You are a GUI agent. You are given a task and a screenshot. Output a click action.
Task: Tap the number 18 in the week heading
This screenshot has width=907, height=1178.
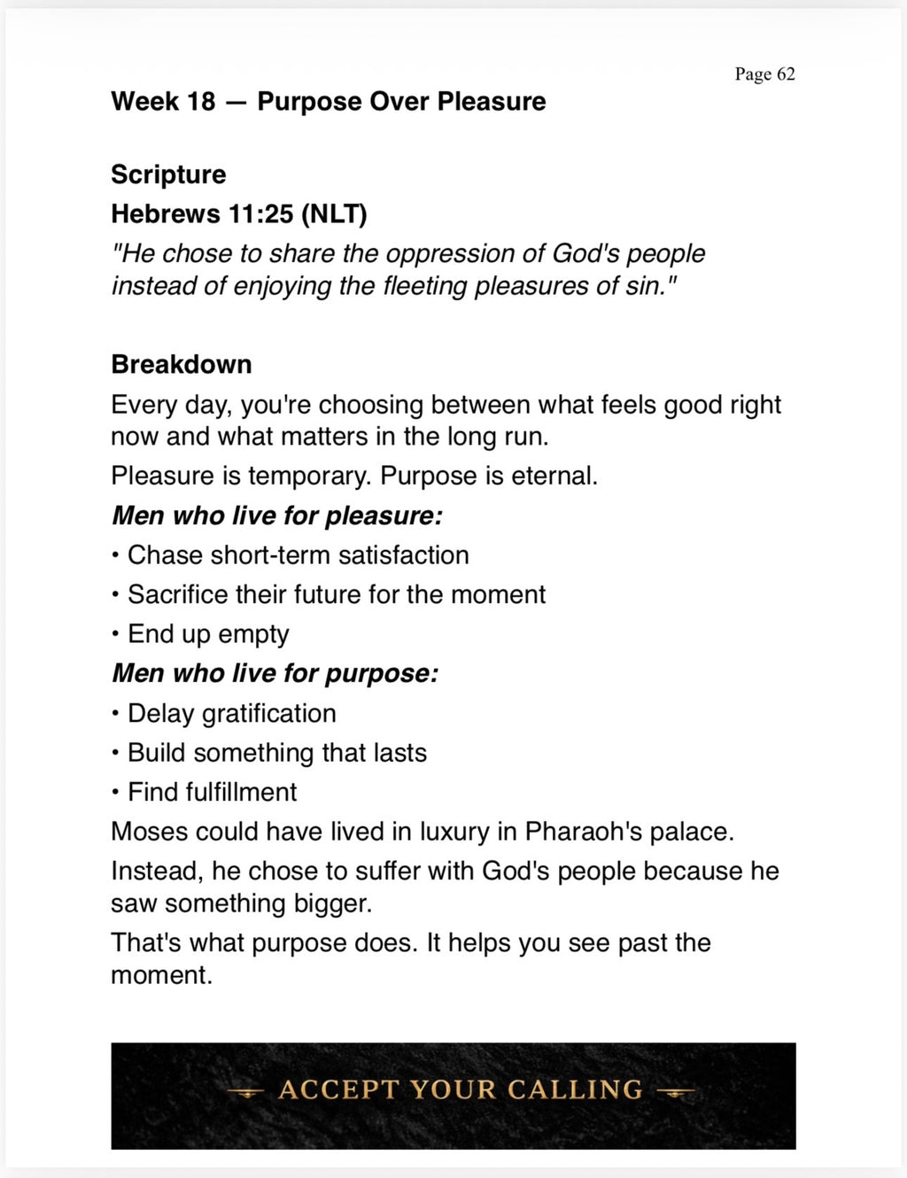[x=201, y=102]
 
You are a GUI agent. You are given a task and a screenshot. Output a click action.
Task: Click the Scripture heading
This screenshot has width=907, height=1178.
[x=168, y=174]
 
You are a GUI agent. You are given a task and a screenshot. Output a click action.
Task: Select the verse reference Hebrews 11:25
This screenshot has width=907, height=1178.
[x=202, y=214]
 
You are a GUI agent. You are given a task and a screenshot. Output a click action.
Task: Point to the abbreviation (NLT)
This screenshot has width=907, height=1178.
[x=334, y=214]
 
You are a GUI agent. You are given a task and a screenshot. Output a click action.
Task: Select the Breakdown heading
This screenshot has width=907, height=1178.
[x=182, y=364]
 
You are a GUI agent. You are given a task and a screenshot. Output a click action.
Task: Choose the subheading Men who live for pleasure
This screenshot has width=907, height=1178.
[x=277, y=515]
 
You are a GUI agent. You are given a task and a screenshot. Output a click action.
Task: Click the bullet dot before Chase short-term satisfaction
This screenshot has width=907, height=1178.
[x=116, y=556]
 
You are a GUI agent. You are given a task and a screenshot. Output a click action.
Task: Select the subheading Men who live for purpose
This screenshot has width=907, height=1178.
[x=275, y=674]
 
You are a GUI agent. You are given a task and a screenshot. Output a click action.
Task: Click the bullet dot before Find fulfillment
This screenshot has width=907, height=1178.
[x=116, y=793]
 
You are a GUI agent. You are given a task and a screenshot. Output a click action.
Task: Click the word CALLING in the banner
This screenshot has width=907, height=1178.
[x=575, y=1089]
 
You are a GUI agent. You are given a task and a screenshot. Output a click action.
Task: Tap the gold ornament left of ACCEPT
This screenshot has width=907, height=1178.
[x=245, y=1093]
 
